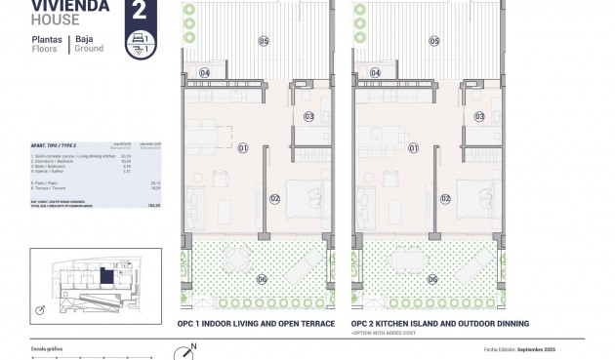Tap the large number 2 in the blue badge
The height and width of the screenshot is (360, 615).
coord(139,13)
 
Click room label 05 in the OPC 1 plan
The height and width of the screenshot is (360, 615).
coord(263,40)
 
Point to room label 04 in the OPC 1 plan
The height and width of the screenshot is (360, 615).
coord(205,73)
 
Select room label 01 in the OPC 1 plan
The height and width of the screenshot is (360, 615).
coord(243,148)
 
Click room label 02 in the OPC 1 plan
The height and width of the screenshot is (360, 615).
coord(275,199)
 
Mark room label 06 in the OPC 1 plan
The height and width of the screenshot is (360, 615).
coord(262,279)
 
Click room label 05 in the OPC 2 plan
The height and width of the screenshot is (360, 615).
coord(432,40)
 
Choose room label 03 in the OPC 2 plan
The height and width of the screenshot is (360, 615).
coord(478,117)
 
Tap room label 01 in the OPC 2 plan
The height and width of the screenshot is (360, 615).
coord(413,148)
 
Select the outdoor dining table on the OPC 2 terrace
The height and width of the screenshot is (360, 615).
coord(407,260)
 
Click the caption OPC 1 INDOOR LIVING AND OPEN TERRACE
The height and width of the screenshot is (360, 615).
coord(257,323)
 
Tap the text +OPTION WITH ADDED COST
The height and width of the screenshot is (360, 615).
coord(390,333)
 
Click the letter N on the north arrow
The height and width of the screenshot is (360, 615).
coord(193,345)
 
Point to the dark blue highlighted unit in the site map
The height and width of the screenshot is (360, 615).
coord(104,275)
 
